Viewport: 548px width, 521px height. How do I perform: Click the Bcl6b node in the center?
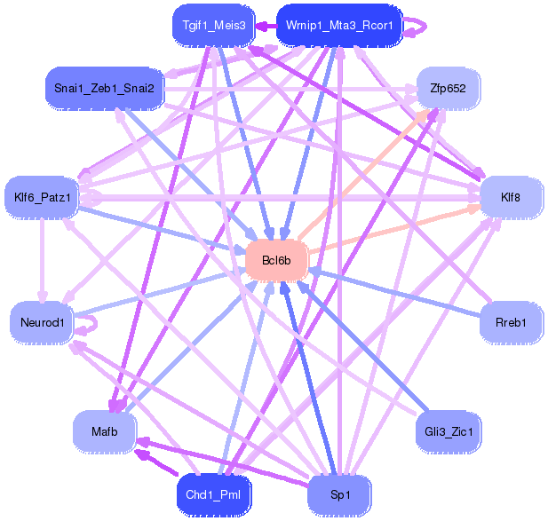pos(276,260)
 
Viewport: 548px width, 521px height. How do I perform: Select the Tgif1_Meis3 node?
pos(214,26)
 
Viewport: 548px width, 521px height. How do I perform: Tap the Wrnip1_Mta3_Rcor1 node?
pos(339,26)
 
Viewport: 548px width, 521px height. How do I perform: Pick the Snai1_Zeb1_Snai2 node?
pos(105,89)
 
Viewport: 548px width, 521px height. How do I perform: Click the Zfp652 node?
pos(448,89)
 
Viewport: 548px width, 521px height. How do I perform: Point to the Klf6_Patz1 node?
pos(42,197)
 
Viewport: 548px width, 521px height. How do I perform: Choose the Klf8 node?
pos(511,197)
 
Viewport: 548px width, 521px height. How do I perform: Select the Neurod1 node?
pos(42,322)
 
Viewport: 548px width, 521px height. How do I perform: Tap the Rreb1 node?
pos(511,322)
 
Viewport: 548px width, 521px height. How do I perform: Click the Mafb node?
pos(105,431)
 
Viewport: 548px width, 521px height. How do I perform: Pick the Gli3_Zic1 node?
pos(449,431)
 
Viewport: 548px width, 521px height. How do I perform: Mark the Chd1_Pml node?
pos(213,494)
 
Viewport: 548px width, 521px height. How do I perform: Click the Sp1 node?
pos(339,494)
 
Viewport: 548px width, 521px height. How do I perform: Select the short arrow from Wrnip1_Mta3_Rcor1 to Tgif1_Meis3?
pos(266,26)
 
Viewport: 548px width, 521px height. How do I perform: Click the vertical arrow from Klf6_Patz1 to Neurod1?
pos(43,260)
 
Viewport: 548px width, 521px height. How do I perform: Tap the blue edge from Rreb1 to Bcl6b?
pos(395,293)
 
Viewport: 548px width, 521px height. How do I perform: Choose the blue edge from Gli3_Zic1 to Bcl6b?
pos(362,346)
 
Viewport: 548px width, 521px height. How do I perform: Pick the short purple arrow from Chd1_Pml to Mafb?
pos(156,462)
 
